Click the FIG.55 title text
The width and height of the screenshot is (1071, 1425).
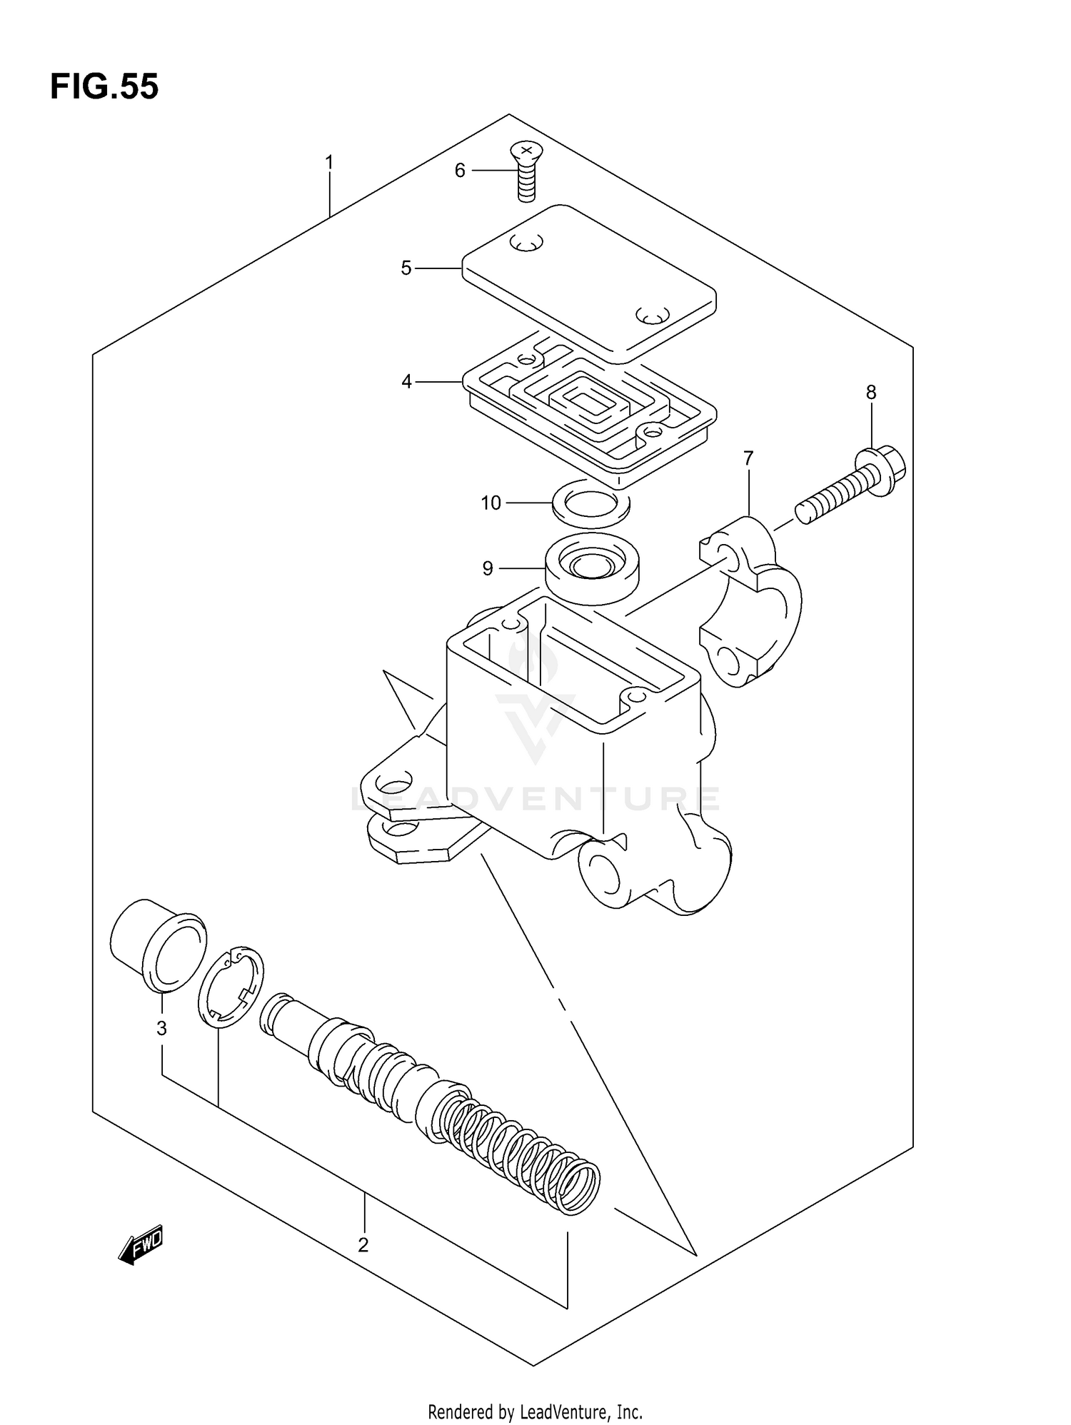[104, 87]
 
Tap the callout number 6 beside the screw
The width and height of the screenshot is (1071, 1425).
[460, 171]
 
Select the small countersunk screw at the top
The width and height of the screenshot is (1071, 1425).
[525, 171]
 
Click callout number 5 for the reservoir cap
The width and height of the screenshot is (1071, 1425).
[406, 268]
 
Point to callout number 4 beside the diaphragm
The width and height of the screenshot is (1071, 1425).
[406, 382]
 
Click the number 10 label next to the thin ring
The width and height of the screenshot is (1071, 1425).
[491, 503]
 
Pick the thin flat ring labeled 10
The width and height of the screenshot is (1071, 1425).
[591, 504]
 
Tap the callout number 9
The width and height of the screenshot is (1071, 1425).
[488, 568]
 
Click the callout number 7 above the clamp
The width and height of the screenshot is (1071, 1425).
[748, 458]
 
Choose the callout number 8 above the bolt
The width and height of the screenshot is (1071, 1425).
[871, 392]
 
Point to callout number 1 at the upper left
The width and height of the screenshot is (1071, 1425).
[329, 163]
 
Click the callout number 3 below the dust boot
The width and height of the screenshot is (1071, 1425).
[162, 1028]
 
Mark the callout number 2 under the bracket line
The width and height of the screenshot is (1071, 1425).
[363, 1245]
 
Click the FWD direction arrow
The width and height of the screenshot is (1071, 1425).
[141, 1246]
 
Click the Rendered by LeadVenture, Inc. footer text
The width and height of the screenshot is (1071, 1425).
[535, 1411]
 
